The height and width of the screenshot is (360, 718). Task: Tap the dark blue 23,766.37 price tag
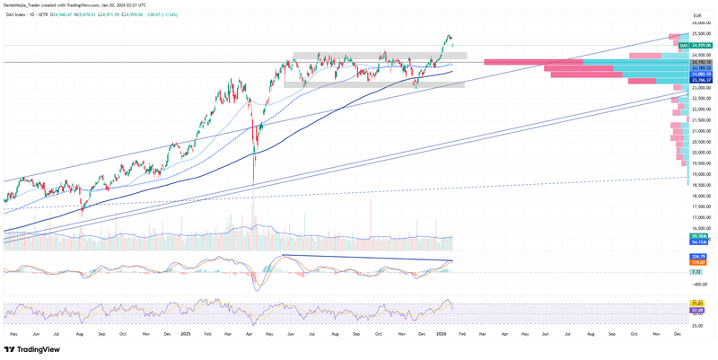pyautogui.click(x=701, y=81)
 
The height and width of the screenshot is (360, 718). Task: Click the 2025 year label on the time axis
pyautogui.click(x=186, y=333)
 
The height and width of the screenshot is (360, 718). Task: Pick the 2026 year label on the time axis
pyautogui.click(x=442, y=333)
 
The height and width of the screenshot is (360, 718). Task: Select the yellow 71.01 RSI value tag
pyautogui.click(x=696, y=304)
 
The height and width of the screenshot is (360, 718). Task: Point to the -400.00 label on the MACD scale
pyautogui.click(x=699, y=283)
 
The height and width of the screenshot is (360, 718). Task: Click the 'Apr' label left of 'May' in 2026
pyautogui.click(x=505, y=333)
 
